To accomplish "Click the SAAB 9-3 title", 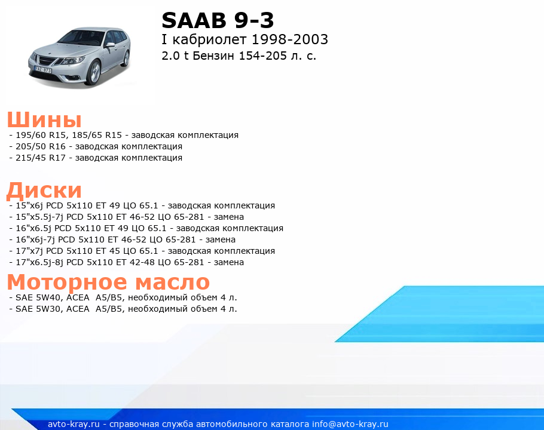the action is pyautogui.click(x=218, y=20).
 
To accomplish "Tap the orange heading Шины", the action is pyautogui.click(x=44, y=119).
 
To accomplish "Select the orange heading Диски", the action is pyautogui.click(x=44, y=191).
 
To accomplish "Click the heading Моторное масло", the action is pyautogui.click(x=108, y=281).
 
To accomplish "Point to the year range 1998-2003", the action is pyautogui.click(x=290, y=39).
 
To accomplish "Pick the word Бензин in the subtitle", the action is pyautogui.click(x=213, y=56).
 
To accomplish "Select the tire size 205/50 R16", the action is pyautogui.click(x=41, y=146).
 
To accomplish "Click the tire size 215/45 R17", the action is pyautogui.click(x=41, y=158).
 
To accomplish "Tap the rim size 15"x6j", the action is pyautogui.click(x=29, y=206).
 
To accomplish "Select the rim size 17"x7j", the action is pyautogui.click(x=29, y=251).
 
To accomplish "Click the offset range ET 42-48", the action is pyautogui.click(x=133, y=263).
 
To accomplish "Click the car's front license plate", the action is pyautogui.click(x=42, y=70).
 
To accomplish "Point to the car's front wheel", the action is pyautogui.click(x=93, y=73).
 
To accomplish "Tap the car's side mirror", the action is pyautogui.click(x=110, y=45).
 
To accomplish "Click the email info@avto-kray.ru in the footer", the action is pyautogui.click(x=350, y=424).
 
